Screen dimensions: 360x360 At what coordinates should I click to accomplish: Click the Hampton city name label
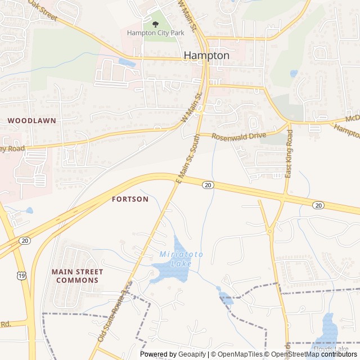pyautogui.click(x=206, y=56)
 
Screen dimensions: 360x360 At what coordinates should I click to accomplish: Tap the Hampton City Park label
pyautogui.click(x=155, y=33)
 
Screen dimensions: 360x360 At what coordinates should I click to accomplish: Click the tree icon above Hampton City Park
pyautogui.click(x=155, y=24)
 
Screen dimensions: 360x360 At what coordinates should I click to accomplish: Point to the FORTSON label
pyautogui.click(x=130, y=199)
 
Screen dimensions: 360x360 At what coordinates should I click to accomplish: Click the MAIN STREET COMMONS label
pyautogui.click(x=75, y=276)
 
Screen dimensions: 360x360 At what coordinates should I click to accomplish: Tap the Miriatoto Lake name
pyautogui.click(x=176, y=259)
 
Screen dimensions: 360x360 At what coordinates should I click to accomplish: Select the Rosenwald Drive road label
pyautogui.click(x=239, y=136)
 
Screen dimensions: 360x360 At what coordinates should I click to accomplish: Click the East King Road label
pyautogui.click(x=289, y=154)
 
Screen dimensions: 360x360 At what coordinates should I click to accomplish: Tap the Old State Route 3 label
pyautogui.click(x=114, y=312)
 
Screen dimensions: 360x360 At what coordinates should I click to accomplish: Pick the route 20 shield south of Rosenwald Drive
pyautogui.click(x=208, y=185)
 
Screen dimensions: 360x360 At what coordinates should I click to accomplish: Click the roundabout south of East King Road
pyautogui.click(x=271, y=231)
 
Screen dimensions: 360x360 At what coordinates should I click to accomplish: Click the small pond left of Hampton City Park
pyautogui.click(x=127, y=63)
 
